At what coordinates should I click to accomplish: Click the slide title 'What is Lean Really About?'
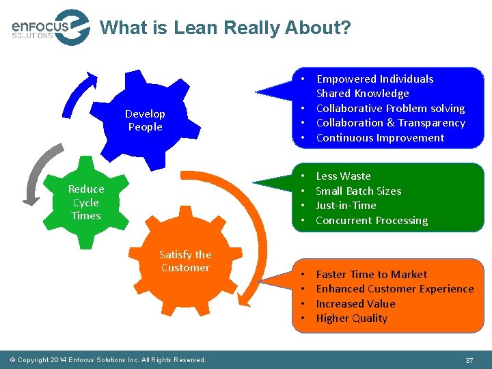pos(225,28)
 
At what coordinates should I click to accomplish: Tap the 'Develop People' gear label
pos(145,120)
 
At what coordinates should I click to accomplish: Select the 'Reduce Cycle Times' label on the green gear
pos(86,202)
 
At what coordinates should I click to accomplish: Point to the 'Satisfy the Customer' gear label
pos(185,261)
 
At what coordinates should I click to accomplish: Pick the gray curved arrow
pos(38,174)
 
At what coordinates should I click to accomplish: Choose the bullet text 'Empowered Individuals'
pos(374,79)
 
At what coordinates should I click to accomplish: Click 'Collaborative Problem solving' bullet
pos(390,108)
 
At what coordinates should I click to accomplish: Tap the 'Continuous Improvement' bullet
pos(380,137)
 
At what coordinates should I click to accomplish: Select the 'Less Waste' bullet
pos(343,176)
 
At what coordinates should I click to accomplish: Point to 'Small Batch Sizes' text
pos(358,191)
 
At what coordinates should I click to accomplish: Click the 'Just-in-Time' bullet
pos(346,205)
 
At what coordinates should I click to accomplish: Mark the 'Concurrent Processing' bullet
pos(372,220)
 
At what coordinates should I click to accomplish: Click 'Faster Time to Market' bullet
pos(371,274)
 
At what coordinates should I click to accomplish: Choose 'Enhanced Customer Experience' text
pos(394,288)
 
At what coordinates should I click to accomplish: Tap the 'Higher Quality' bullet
pos(351,318)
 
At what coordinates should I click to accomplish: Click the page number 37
pos(469,360)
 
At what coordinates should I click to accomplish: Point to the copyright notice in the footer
pos(108,360)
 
